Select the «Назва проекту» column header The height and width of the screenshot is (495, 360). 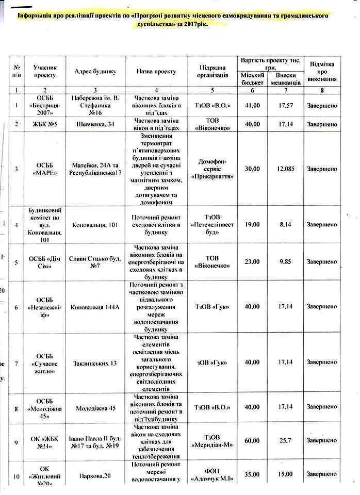pyautogui.click(x=157, y=72)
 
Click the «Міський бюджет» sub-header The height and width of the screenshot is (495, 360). pyautogui.click(x=253, y=79)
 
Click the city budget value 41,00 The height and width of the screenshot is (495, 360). pyautogui.click(x=252, y=106)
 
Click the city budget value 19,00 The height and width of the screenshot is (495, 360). pyautogui.click(x=252, y=225)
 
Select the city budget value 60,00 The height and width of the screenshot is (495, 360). pyautogui.click(x=252, y=441)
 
